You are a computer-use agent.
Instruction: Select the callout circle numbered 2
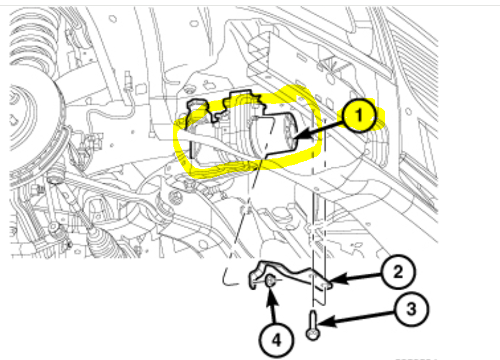click(x=397, y=272)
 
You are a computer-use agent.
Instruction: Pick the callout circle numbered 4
click(x=276, y=339)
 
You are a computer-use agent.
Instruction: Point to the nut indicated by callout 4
click(x=270, y=283)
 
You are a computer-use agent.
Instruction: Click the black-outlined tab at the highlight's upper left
click(x=196, y=107)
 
